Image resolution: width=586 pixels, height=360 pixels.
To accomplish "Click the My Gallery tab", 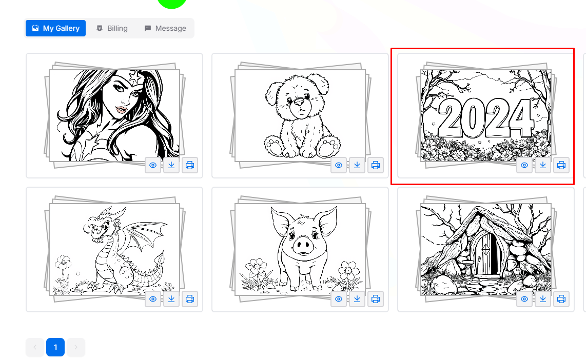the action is coord(56,28).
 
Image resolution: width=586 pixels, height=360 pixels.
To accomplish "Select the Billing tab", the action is coord(112,28).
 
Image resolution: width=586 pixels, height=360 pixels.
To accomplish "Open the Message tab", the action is coord(165,28).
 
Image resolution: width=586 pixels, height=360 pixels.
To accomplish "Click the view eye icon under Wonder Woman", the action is coord(153,165).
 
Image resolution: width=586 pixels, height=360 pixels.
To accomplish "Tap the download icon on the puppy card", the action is coord(357,165).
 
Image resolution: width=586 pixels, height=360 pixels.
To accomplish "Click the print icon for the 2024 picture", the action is coord(561,165).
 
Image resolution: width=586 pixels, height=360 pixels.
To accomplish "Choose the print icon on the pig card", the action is coord(376,299).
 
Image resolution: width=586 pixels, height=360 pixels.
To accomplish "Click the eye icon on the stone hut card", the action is coord(524,299).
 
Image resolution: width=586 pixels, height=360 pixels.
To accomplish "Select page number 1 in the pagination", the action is coord(55,347).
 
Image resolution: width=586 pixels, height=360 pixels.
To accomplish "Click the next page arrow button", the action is coord(76,347).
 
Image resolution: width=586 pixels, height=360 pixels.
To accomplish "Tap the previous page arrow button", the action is coord(35,347).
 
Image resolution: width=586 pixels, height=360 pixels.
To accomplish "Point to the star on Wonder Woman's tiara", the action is coord(134,77).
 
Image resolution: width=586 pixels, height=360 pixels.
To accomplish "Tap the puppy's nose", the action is coord(299,102).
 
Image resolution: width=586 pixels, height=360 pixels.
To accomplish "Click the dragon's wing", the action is coord(144,235).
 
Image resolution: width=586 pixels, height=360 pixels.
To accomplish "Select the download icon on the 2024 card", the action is coord(543,165).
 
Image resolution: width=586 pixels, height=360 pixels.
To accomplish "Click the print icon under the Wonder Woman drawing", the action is coord(190,165).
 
